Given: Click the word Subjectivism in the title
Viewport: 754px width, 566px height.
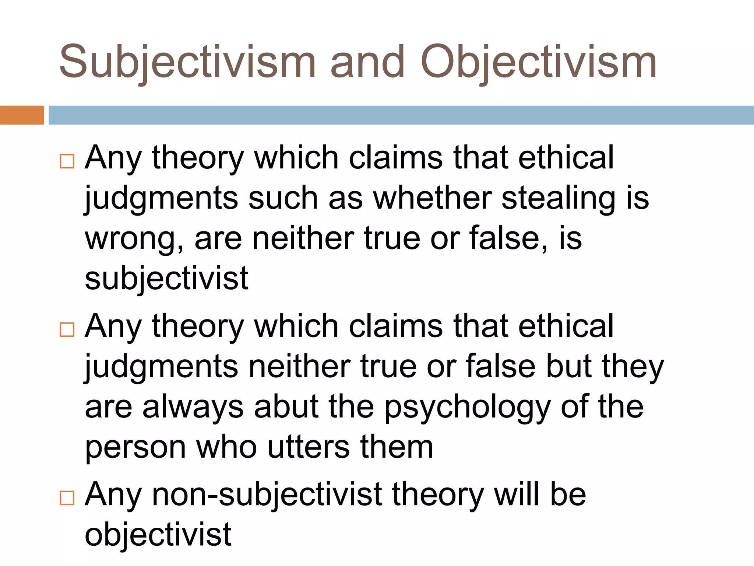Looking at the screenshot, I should [187, 62].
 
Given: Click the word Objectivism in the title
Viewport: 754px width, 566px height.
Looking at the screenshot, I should [538, 62].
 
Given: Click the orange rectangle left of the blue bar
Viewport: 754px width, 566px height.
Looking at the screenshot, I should [22, 115].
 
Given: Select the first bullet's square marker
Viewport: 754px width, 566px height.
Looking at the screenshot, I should [67, 161].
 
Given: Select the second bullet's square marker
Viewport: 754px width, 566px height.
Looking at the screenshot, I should [67, 329].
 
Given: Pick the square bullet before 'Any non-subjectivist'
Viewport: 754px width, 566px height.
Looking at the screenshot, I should [67, 498].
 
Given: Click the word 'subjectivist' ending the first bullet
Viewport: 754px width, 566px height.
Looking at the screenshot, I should [166, 278].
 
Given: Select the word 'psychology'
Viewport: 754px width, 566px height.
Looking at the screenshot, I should [467, 408].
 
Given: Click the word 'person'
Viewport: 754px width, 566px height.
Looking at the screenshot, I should [135, 448].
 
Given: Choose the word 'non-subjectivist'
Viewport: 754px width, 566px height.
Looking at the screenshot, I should [267, 495].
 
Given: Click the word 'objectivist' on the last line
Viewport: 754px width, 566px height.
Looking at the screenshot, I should [158, 534].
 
